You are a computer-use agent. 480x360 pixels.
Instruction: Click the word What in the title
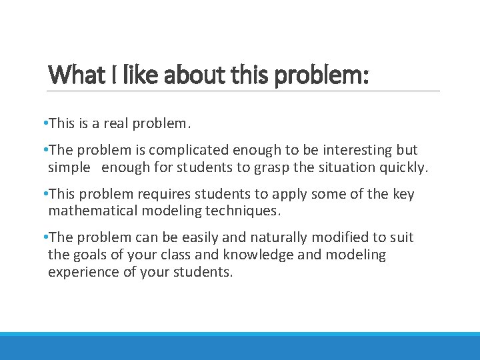72,75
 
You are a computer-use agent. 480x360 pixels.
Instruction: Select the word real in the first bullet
118,123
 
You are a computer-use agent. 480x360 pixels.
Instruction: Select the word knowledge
257,255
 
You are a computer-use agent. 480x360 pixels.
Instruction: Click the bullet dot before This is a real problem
43,123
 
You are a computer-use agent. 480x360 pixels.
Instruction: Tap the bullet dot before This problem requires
43,194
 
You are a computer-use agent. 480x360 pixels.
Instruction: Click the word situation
347,167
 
